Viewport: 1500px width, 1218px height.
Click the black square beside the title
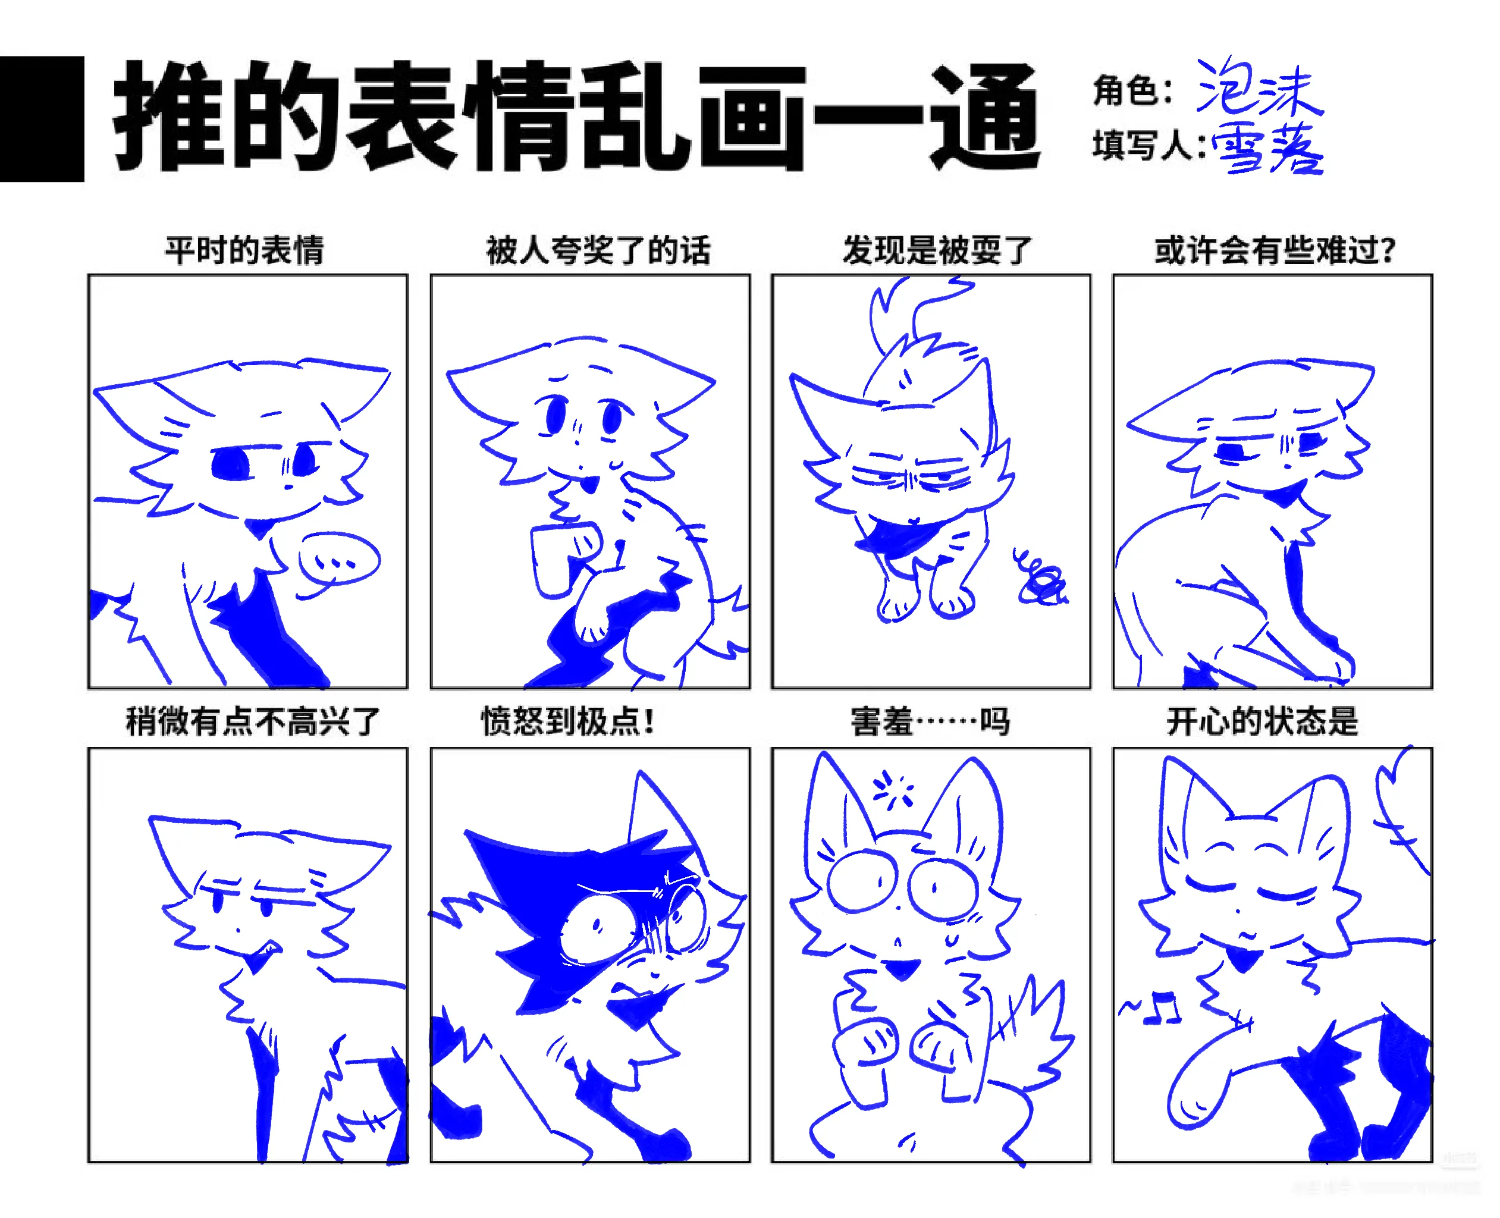pos(42,118)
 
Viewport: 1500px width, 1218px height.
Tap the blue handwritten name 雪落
pos(1266,148)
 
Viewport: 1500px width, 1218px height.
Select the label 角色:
pos(1132,90)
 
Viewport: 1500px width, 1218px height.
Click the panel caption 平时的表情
pos(245,250)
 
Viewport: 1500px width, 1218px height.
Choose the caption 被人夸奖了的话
pos(598,250)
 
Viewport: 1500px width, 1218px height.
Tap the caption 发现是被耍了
pos(937,250)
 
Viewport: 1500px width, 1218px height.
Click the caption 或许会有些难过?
pos(1275,250)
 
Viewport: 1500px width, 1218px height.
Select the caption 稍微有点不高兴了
pos(253,721)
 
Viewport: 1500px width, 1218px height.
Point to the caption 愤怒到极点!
pos(567,721)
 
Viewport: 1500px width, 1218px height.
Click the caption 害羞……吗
pos(930,721)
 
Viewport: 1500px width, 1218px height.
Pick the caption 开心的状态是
pos(1262,721)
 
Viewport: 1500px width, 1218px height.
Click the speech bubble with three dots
pos(339,564)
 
